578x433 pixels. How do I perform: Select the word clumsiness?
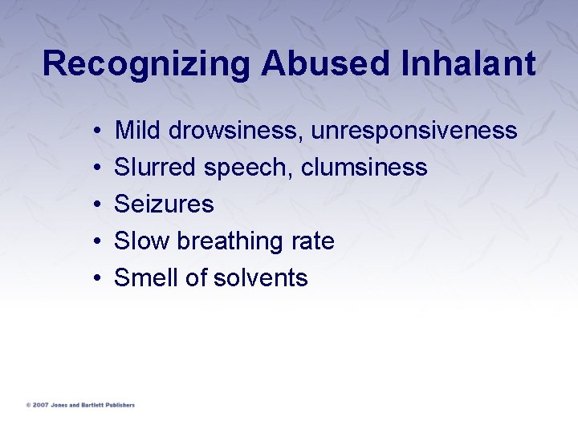click(x=364, y=167)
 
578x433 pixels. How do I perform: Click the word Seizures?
click(x=164, y=204)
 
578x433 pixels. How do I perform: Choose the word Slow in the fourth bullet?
click(x=142, y=241)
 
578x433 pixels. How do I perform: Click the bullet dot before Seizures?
click(x=96, y=204)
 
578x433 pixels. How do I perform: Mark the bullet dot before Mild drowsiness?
click(x=96, y=131)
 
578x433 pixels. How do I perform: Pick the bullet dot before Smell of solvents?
click(x=96, y=278)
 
